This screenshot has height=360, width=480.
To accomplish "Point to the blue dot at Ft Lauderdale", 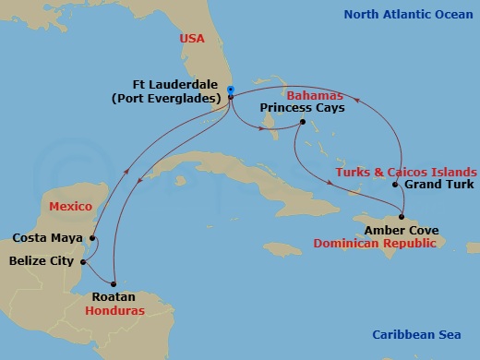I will (230, 90).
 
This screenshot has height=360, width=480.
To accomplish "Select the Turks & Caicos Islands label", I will (406, 172).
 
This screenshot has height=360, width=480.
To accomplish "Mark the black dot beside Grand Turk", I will (395, 185).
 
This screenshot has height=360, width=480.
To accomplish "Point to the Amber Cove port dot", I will (401, 217).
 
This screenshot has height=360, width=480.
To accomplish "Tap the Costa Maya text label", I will (44, 237).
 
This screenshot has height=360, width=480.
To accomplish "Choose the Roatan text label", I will (114, 296).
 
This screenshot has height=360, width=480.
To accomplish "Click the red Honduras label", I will (118, 310).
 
